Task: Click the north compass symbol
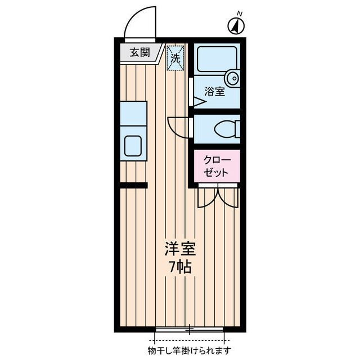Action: coord(236,25)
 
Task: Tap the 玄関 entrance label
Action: coord(139,53)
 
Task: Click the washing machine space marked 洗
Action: coord(175,57)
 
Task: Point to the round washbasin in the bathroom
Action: coord(232,77)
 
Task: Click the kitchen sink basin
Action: coord(134,146)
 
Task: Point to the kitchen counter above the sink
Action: coord(134,113)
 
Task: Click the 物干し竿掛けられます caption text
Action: coord(190,350)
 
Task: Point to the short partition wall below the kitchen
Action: coord(134,185)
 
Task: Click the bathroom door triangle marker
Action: coord(199,102)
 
